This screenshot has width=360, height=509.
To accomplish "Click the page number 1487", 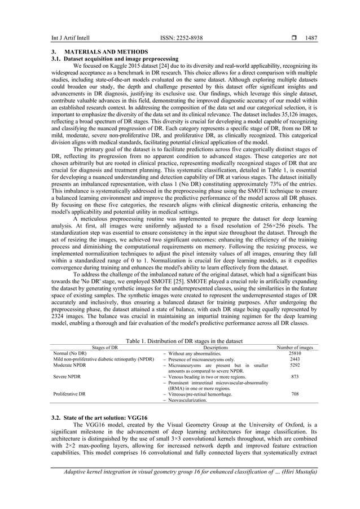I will coord(311,38).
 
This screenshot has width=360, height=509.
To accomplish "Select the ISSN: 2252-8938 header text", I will coord(179,38).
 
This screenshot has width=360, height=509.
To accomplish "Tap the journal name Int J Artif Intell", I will coord(60,38).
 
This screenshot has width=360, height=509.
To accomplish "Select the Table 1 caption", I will coord(179,341).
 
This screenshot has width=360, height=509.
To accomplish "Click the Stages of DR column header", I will coord(101,348).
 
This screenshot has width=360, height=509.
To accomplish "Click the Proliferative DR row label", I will coord(69,394).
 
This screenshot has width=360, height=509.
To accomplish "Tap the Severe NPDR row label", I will coord(66,376).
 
